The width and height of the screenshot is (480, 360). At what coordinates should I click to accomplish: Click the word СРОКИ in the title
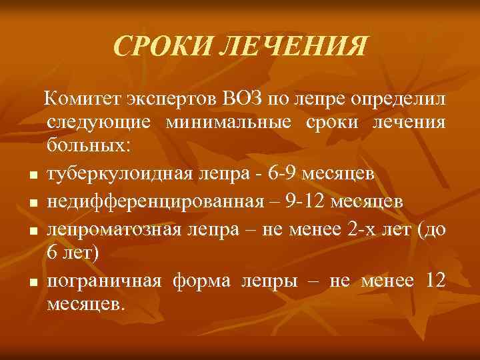click(x=155, y=47)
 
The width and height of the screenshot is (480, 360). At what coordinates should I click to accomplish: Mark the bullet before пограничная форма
click(x=32, y=284)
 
